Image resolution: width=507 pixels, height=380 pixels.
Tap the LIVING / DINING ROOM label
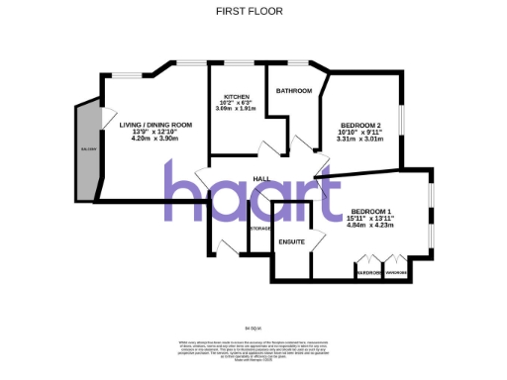[155, 125]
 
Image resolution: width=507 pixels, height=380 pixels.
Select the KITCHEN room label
[236, 96]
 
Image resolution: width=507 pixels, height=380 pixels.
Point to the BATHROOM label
[294, 91]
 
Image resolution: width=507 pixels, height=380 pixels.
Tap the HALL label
[262, 178]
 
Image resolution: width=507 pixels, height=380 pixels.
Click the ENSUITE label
[291, 241]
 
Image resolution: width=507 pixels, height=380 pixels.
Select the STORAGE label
[260, 229]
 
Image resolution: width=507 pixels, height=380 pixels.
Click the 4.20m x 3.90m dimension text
[155, 139]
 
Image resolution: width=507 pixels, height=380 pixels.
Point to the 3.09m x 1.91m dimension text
[236, 108]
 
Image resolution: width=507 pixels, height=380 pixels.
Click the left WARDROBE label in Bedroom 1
[369, 274]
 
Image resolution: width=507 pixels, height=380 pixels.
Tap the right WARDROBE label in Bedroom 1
[397, 274]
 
